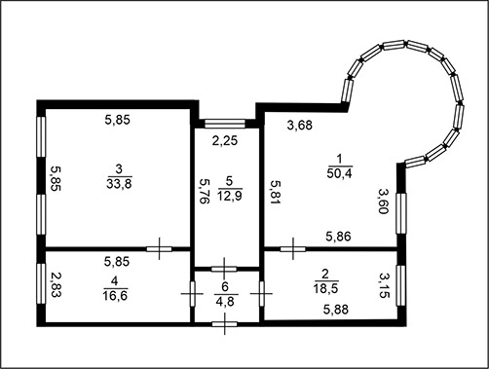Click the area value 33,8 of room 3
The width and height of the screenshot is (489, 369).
click(119, 184)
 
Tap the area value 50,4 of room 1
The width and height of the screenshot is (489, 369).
click(339, 173)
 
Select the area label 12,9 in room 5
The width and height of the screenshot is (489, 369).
click(230, 196)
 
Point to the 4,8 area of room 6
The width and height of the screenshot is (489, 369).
click(225, 302)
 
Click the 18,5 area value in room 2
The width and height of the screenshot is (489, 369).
click(325, 288)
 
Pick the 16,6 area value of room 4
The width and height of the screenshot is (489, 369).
click(115, 295)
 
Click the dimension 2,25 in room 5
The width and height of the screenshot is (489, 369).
click(225, 140)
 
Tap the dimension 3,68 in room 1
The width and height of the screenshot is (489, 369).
click(300, 125)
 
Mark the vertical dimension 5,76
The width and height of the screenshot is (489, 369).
click(205, 191)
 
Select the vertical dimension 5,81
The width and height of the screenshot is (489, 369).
click(277, 192)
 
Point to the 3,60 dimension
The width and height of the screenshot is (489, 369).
click(383, 202)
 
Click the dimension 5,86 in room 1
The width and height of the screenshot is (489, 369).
click(338, 237)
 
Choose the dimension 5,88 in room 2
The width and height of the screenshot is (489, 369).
click(336, 310)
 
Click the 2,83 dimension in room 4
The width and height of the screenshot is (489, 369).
click(56, 284)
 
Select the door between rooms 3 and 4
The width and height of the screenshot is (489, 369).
click(159, 249)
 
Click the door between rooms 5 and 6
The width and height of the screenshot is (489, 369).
click(224, 269)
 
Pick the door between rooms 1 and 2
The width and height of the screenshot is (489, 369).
click(293, 249)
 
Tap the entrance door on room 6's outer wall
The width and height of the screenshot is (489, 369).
click(224, 323)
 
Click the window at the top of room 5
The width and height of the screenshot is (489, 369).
click(225, 124)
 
